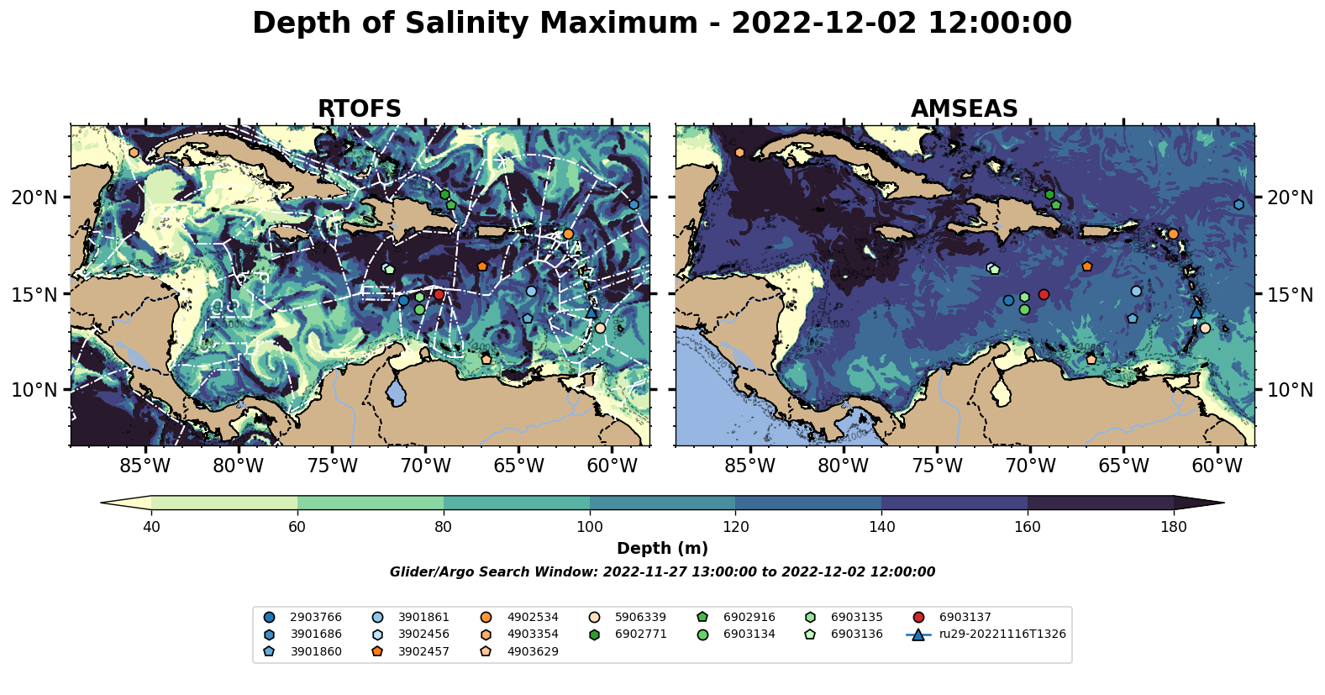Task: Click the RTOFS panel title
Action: (x=359, y=109)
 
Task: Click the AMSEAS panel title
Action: (x=964, y=109)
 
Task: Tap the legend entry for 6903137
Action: (x=965, y=618)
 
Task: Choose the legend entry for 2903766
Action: (x=316, y=618)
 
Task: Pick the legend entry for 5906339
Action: (x=640, y=618)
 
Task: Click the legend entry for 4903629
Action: (x=533, y=651)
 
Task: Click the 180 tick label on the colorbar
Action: (x=1173, y=527)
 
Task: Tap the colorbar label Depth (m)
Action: (x=662, y=549)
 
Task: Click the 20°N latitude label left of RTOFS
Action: (x=34, y=197)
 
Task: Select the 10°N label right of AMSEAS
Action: (x=1289, y=390)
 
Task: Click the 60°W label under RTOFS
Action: (x=612, y=466)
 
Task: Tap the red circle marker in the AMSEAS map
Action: (x=1044, y=294)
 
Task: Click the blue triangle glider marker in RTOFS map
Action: (x=592, y=312)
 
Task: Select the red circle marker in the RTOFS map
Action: (x=439, y=294)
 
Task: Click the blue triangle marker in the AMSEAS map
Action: (x=1196, y=312)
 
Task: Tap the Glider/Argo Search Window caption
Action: (x=662, y=572)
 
